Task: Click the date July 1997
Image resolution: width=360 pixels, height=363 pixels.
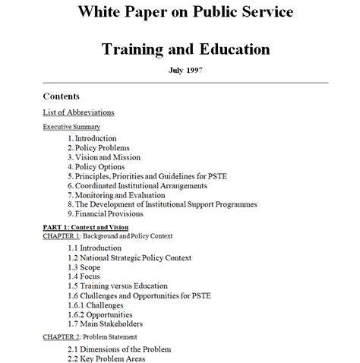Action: pos(185,71)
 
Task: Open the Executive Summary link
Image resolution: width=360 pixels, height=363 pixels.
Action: pos(71,127)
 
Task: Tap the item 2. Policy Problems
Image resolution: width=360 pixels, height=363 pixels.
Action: pos(98,148)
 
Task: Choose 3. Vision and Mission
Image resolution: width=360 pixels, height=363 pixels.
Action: pos(103,157)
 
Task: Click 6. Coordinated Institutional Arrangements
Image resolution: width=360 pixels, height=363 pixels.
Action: pos(137,185)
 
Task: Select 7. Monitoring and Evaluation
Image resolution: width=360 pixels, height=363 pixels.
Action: pos(115,195)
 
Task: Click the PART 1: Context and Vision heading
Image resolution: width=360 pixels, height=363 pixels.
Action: pos(85,228)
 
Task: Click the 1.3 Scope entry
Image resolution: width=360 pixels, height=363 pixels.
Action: pos(84,268)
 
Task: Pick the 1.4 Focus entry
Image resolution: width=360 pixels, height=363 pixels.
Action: pos(84,277)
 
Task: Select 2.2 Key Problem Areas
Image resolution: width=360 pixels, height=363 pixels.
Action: pos(106,358)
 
